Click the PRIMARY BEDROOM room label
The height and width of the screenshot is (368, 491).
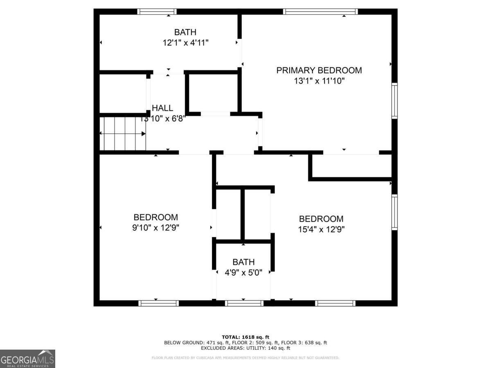click(x=319, y=70)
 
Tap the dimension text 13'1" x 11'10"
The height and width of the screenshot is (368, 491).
click(x=319, y=81)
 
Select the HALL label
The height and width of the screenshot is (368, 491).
click(x=162, y=108)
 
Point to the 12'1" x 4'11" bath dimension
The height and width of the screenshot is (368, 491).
click(x=186, y=42)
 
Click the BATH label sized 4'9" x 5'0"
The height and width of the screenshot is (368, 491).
click(x=243, y=262)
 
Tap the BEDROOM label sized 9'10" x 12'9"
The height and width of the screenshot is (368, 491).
click(x=155, y=218)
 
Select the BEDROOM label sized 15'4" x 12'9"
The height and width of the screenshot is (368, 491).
click(x=321, y=219)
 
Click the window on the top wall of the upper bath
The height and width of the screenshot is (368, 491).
click(x=157, y=11)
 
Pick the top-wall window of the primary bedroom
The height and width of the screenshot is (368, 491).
click(x=321, y=11)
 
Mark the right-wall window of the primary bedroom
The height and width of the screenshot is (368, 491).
click(x=394, y=101)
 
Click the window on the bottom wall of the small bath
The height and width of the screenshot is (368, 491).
click(x=244, y=303)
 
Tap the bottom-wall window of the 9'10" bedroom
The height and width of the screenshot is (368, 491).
click(x=158, y=303)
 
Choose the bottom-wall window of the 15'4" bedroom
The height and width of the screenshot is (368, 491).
click(x=335, y=303)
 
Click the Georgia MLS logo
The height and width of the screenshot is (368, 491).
click(x=27, y=359)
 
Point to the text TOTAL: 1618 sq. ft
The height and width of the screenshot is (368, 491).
click(x=245, y=337)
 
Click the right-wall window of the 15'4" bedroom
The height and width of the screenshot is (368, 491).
click(x=394, y=212)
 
